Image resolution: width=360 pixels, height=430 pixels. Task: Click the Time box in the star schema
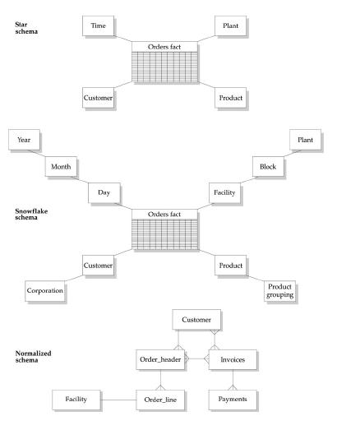pyautogui.click(x=98, y=26)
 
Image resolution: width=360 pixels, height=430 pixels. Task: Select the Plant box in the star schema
pyautogui.click(x=231, y=26)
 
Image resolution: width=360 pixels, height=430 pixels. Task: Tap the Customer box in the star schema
pyautogui.click(x=98, y=98)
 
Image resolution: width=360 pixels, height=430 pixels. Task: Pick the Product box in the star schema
pyautogui.click(x=231, y=98)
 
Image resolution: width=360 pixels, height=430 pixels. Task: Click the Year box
pyautogui.click(x=24, y=140)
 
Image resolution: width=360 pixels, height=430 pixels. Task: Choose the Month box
pyautogui.click(x=61, y=166)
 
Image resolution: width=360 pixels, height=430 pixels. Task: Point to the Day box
pyautogui.click(x=104, y=192)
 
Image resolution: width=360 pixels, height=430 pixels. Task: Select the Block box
pyautogui.click(x=267, y=166)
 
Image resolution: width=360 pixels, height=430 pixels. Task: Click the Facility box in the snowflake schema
pyautogui.click(x=224, y=192)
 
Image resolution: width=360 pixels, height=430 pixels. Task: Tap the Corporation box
pyautogui.click(x=44, y=290)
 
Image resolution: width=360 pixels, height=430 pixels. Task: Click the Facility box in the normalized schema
pyautogui.click(x=76, y=400)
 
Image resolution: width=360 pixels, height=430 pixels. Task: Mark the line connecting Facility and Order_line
pyautogui.click(x=118, y=400)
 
